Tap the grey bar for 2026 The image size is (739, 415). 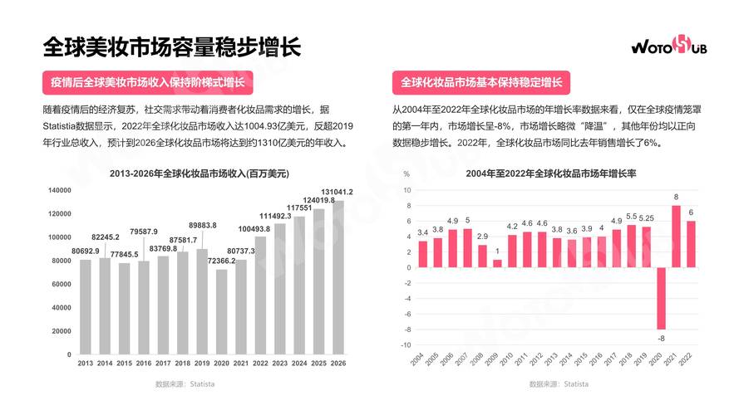click(338, 277)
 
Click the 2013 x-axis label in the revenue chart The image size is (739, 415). click(85, 363)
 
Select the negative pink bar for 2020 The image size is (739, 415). click(662, 298)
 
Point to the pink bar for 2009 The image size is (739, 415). click(497, 263)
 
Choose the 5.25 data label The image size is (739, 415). click(647, 218)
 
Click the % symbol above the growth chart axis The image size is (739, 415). click(406, 174)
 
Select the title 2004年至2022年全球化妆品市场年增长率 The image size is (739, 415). click(550, 173)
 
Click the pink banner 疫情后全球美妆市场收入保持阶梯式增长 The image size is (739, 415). click(147, 83)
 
